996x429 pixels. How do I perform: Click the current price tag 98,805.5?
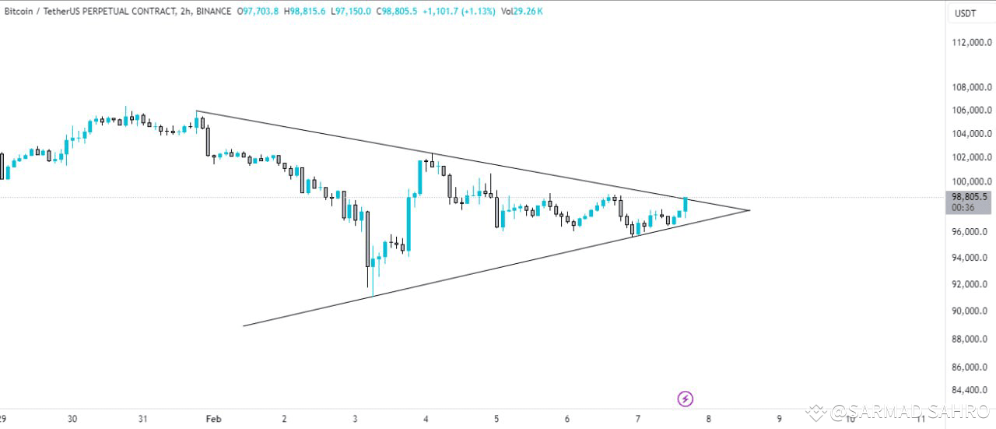(x=969, y=198)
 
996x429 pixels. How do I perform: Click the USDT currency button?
(x=965, y=13)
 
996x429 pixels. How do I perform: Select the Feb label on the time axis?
(x=214, y=419)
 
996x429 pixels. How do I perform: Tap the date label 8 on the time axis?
(x=708, y=419)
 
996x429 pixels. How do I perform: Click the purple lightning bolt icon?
(x=686, y=399)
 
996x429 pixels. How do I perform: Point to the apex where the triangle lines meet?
(x=749, y=210)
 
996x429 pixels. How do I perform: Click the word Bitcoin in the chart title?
(x=18, y=12)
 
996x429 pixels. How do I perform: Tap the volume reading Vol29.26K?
(x=522, y=12)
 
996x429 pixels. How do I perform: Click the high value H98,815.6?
(x=304, y=12)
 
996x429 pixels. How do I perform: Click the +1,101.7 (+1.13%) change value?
(x=458, y=12)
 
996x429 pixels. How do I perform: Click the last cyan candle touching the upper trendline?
(x=686, y=205)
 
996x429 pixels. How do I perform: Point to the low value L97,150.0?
(x=350, y=12)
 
